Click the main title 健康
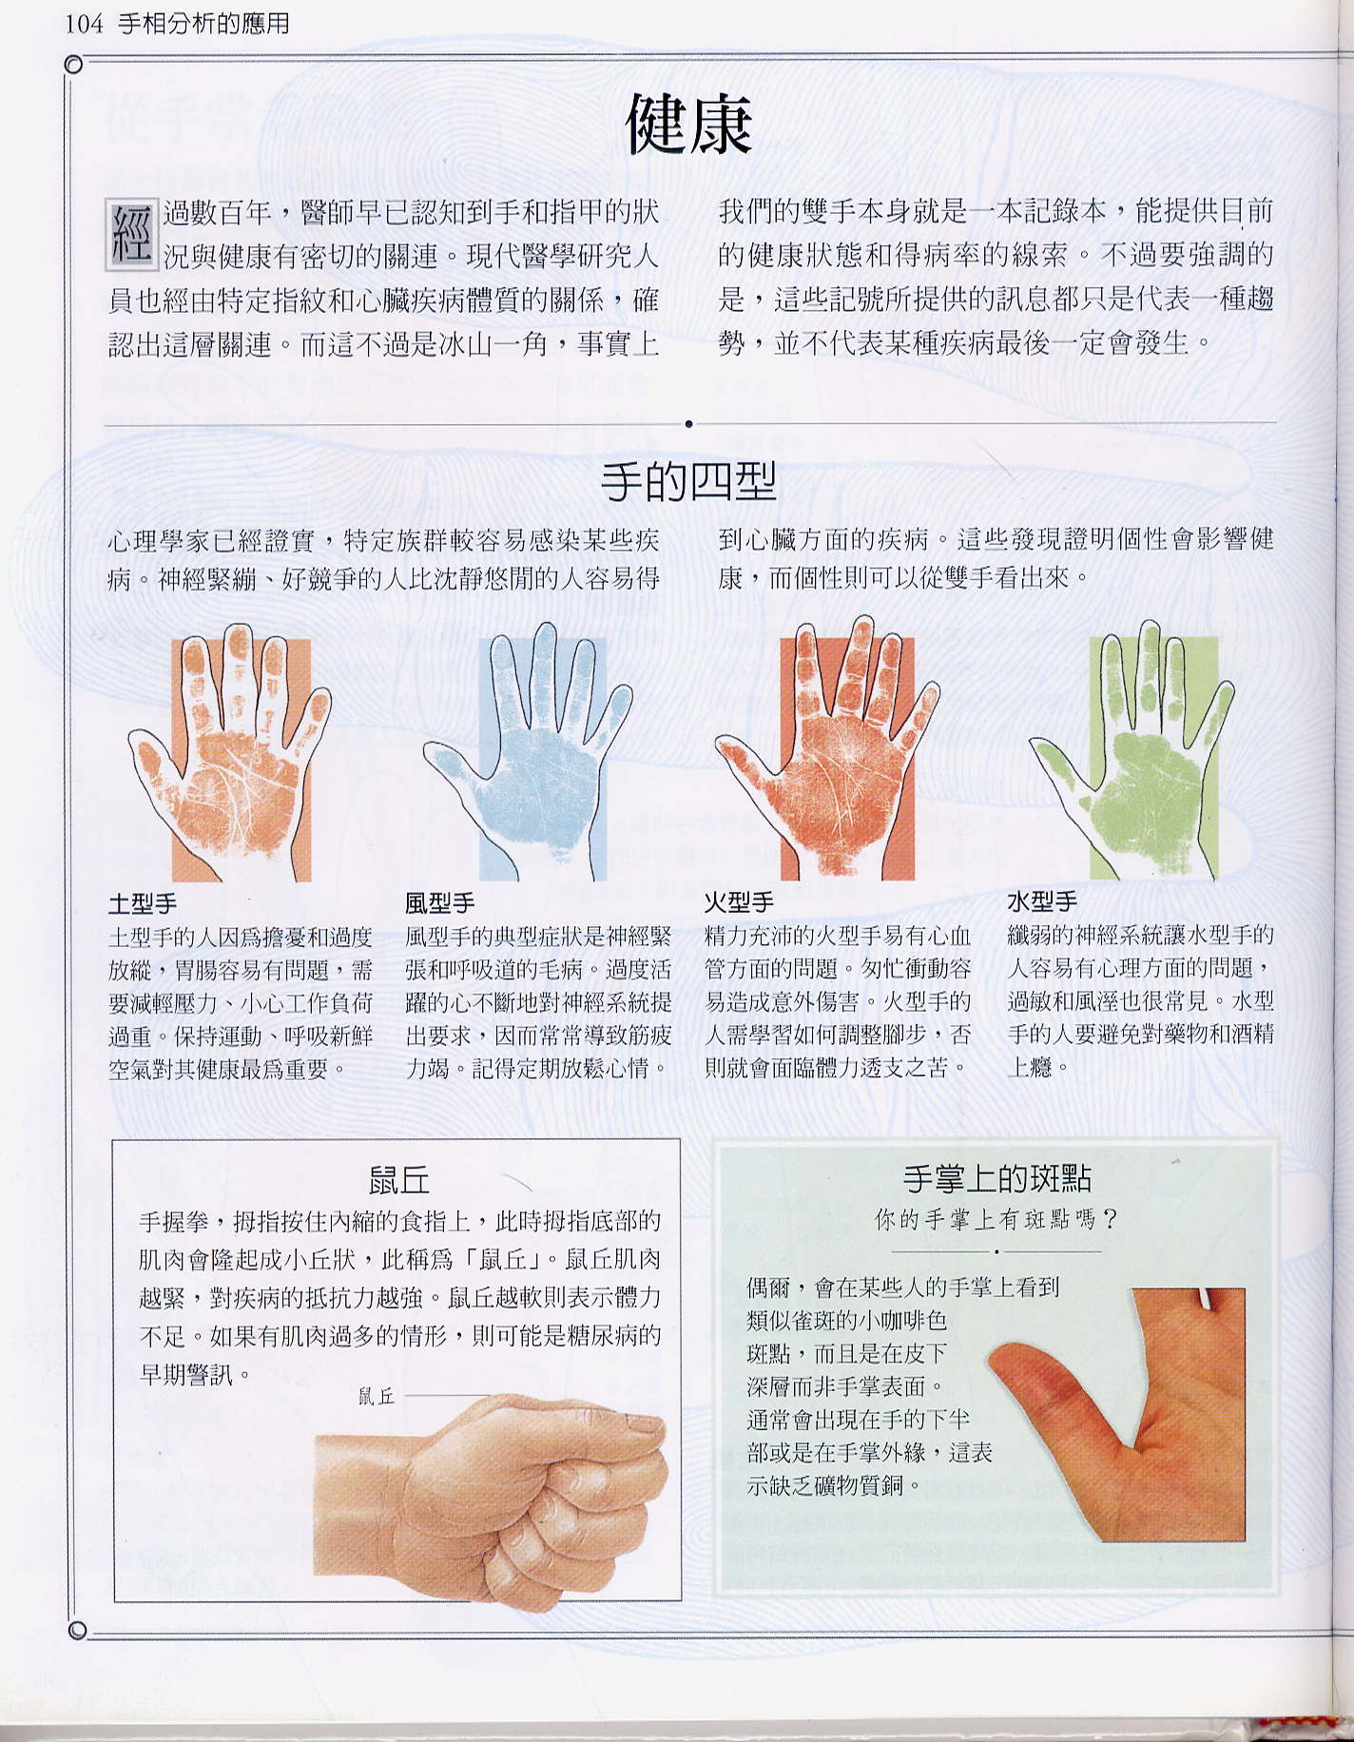coord(688,125)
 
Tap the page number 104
coord(83,23)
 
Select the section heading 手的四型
coord(688,482)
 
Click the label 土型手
coord(143,902)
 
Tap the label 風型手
coord(439,902)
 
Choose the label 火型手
coord(739,901)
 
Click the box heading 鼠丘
coord(399,1181)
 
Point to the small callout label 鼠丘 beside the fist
coord(377,1396)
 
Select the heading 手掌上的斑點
coord(997,1179)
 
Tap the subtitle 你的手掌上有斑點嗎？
coord(996,1219)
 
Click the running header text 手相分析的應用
coord(203,23)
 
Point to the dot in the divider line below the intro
coord(688,424)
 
